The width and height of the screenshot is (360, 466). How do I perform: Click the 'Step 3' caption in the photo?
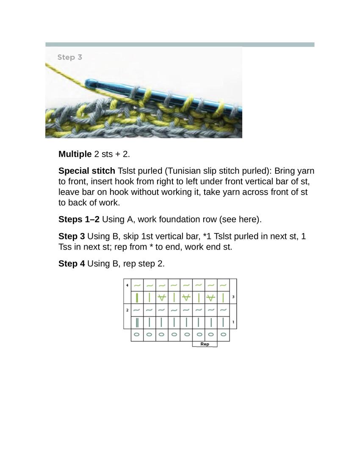click(x=69, y=57)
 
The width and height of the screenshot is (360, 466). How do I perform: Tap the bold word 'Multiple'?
click(x=75, y=154)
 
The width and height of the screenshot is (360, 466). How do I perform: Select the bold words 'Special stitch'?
click(x=86, y=171)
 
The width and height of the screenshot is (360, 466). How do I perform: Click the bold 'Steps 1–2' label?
click(x=79, y=219)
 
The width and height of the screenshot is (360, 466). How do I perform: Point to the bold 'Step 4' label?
click(x=72, y=264)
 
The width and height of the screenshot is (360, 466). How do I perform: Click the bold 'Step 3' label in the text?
click(x=72, y=236)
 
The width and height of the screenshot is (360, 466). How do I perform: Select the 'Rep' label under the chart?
click(x=205, y=344)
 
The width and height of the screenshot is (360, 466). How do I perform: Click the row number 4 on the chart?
click(x=127, y=286)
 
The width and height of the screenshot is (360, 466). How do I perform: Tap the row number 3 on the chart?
click(x=233, y=297)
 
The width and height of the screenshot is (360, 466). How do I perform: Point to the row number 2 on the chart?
click(x=127, y=310)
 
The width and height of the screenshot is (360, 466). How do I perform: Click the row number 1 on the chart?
click(x=233, y=322)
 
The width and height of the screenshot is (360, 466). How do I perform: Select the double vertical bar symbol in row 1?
click(x=137, y=322)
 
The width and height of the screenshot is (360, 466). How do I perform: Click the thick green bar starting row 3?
click(x=137, y=298)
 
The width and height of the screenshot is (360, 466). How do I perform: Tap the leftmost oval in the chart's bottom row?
click(x=137, y=335)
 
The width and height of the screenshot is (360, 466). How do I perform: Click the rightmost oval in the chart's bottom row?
click(x=223, y=335)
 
